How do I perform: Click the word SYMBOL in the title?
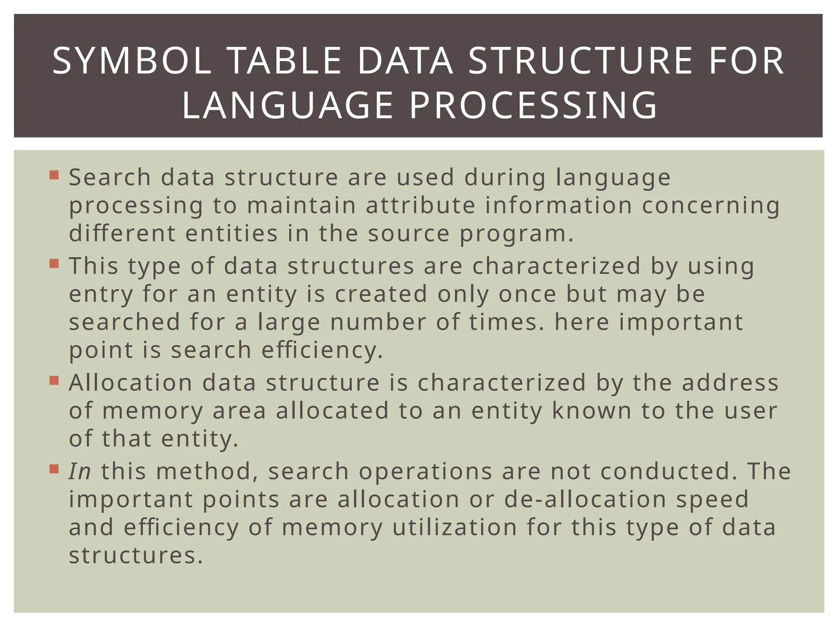coord(132,61)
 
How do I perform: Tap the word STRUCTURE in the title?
coord(580,61)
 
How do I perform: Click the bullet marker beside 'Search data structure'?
coord(54,175)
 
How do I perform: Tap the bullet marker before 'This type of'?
coord(54,263)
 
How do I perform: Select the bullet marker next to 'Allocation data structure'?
coord(54,380)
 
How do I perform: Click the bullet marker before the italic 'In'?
coord(54,468)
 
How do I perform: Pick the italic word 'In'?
coord(79,471)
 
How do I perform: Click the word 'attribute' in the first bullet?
coord(420,205)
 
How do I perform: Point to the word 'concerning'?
coord(711,205)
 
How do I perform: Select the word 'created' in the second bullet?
coord(381,294)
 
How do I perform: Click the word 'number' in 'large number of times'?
coord(378,322)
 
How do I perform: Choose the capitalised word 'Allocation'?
coord(131,383)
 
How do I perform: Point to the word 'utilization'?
coord(455,527)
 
